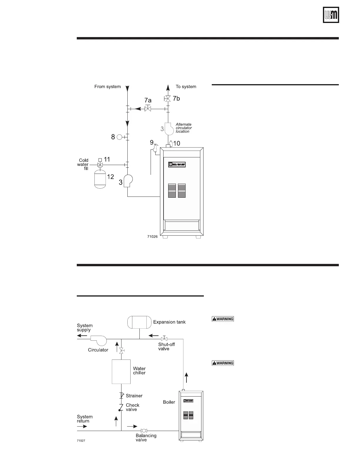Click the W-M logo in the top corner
point(331,15)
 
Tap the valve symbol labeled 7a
point(148,109)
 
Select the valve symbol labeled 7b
point(168,99)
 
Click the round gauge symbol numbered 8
point(119,137)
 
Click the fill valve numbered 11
point(101,165)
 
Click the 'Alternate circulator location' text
point(184,128)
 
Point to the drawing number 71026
point(152,236)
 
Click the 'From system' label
point(107,86)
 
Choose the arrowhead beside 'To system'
point(168,87)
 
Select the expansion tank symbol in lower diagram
point(139,322)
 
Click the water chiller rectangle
point(121,372)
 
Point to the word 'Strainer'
point(134,396)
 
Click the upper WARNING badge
point(223,319)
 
